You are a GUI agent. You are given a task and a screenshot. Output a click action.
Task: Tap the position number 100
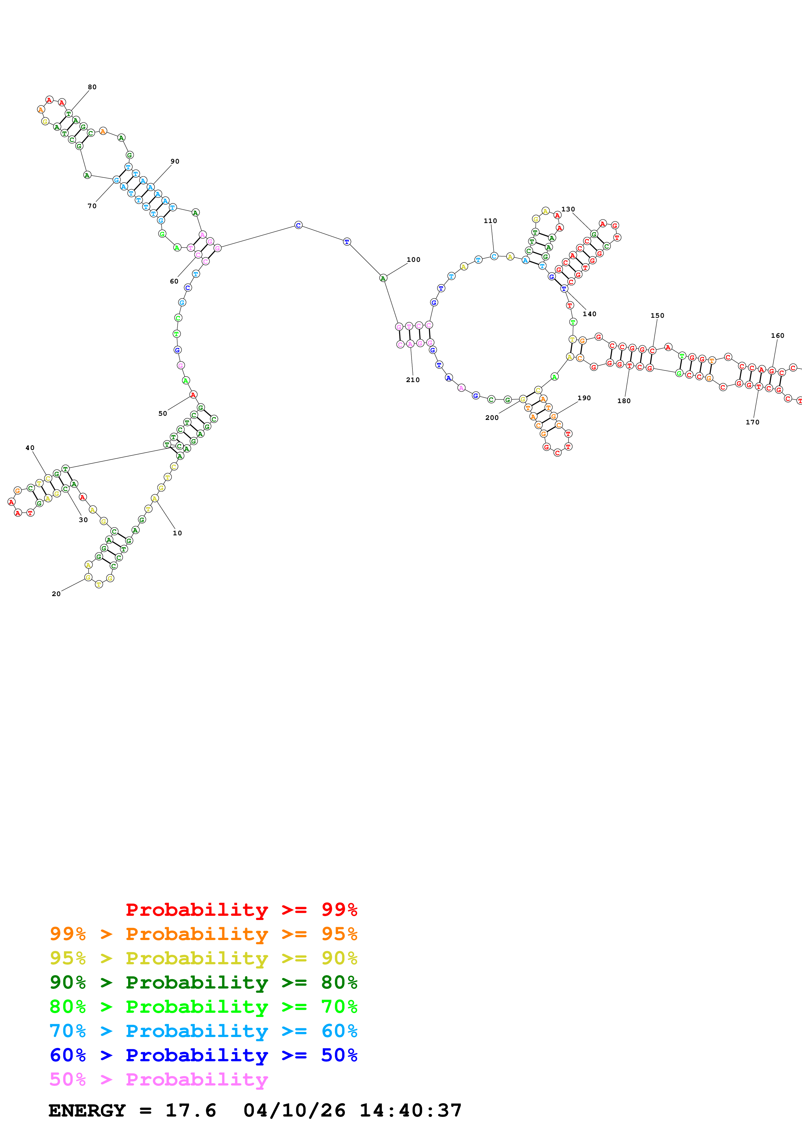tap(413, 260)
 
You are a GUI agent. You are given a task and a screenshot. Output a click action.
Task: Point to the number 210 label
tap(412, 380)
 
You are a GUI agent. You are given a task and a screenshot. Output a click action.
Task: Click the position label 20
tap(56, 594)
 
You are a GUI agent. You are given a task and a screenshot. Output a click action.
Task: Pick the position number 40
tap(30, 448)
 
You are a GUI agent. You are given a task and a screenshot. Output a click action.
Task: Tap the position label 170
tap(752, 422)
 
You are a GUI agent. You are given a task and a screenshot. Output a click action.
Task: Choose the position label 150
tap(657, 316)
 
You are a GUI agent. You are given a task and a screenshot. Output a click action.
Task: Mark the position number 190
tap(584, 398)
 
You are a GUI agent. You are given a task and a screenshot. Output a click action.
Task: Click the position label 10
tap(177, 533)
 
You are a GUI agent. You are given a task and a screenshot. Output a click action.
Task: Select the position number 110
tap(490, 221)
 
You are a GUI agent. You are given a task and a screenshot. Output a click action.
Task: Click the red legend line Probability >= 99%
tap(241, 910)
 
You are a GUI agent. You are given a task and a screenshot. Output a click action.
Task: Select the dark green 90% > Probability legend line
tap(203, 982)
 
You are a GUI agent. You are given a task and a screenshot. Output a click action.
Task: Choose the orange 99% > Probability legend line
tap(203, 934)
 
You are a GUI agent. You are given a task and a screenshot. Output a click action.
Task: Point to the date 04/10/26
tap(294, 1110)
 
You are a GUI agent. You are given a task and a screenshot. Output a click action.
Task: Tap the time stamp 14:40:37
tap(410, 1110)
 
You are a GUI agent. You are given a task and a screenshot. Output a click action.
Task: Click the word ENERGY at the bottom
tap(87, 1110)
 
